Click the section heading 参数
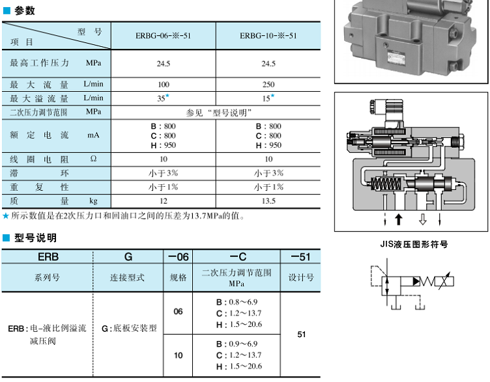click(x=24, y=11)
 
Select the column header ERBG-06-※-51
click(x=163, y=36)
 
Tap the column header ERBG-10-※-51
click(x=268, y=36)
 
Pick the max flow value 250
click(x=268, y=85)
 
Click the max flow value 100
click(x=163, y=85)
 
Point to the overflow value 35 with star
click(x=162, y=98)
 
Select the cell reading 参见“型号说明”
click(x=216, y=113)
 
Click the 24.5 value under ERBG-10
click(x=268, y=64)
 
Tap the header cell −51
click(x=300, y=257)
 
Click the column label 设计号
click(x=300, y=278)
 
